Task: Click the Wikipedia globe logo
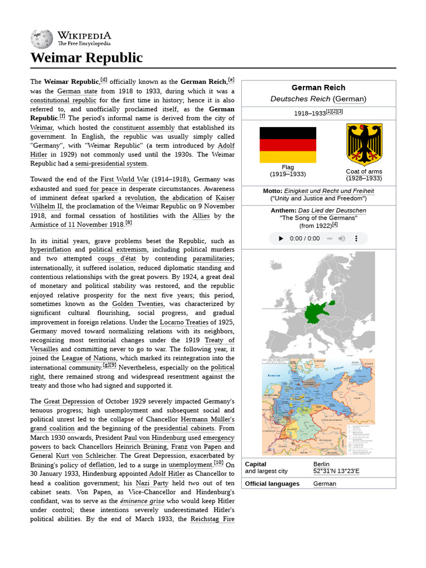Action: [42, 38]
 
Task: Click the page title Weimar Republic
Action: [86, 58]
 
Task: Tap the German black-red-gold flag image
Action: [288, 145]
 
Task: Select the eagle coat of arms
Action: [364, 144]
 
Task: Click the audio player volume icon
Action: [342, 239]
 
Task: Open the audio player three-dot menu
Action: [357, 239]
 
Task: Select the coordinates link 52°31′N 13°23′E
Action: [336, 471]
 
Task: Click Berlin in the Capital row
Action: [321, 464]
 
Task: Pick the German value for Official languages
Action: [324, 484]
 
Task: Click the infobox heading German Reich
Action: [318, 88]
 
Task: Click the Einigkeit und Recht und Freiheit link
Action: [329, 191]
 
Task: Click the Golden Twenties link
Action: [138, 304]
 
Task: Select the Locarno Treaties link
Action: [185, 322]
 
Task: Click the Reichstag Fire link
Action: [212, 519]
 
